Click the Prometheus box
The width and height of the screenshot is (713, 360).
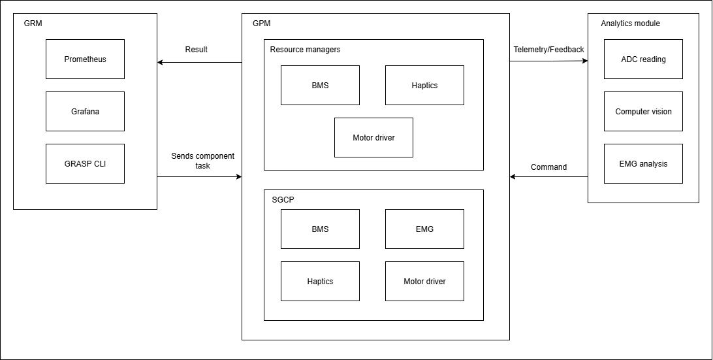point(85,59)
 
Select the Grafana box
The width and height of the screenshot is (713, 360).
point(85,112)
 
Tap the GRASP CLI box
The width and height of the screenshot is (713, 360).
point(85,164)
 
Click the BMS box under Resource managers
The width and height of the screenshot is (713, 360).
point(320,86)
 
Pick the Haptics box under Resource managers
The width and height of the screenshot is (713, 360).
point(424,86)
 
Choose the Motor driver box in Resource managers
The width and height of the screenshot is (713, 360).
point(373,138)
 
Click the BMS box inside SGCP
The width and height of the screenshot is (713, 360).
point(320,229)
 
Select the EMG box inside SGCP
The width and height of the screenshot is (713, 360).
point(424,229)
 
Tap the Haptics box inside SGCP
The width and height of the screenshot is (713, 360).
point(320,282)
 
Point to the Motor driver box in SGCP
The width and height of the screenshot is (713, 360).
point(424,282)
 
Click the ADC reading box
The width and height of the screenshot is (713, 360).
point(643,59)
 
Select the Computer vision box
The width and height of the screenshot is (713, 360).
point(643,112)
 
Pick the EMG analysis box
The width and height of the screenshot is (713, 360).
point(643,164)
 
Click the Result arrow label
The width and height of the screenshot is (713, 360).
point(196,50)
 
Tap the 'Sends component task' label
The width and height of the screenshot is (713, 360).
point(202,161)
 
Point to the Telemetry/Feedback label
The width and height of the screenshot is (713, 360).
point(548,50)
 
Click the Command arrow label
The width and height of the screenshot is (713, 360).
point(548,167)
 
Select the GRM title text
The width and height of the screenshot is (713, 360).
point(33,24)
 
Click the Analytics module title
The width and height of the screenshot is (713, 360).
point(630,24)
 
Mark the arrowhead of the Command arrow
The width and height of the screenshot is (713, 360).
point(513,177)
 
